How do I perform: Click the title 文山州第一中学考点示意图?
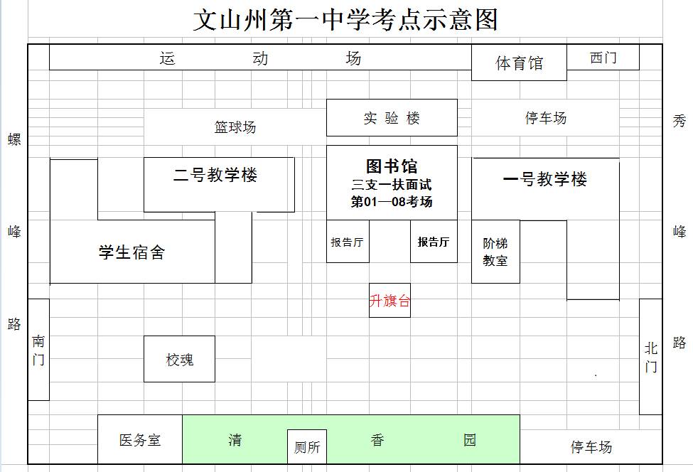point(345,20)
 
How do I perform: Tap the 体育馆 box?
point(519,63)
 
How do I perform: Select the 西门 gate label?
point(603,58)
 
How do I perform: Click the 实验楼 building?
point(392,118)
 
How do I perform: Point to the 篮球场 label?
point(235,127)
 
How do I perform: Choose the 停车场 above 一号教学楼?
point(545,118)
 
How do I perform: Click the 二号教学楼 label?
point(215,175)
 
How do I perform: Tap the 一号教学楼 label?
point(545,179)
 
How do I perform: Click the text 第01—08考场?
point(392,202)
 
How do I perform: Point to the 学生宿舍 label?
point(131,252)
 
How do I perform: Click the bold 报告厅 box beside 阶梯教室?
point(434,242)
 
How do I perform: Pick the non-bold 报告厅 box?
point(348,242)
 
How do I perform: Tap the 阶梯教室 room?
point(495,252)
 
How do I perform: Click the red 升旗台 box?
point(390,301)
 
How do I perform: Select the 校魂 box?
point(179,360)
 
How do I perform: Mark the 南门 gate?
point(38,350)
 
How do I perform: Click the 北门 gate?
point(650,357)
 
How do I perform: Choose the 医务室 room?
point(140,440)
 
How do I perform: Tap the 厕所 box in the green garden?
point(307,448)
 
